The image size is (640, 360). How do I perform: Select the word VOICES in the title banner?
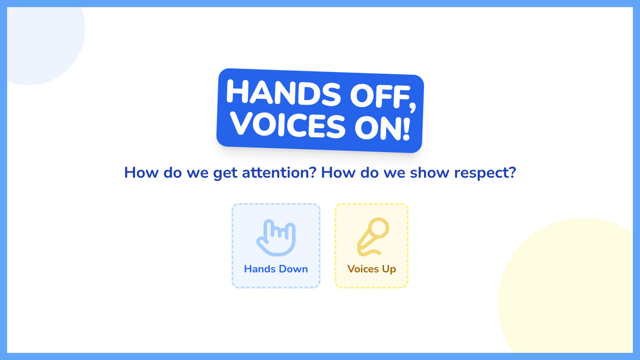(288, 124)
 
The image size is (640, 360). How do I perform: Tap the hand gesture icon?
(276, 237)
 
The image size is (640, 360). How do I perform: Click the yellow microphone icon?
(373, 237)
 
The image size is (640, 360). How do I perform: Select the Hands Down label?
(276, 269)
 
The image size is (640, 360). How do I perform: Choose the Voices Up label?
(371, 269)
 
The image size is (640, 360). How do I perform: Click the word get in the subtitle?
(225, 173)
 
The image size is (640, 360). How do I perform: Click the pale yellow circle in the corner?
(569, 289)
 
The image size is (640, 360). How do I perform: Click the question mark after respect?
(513, 172)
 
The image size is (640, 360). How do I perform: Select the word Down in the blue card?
(293, 269)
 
